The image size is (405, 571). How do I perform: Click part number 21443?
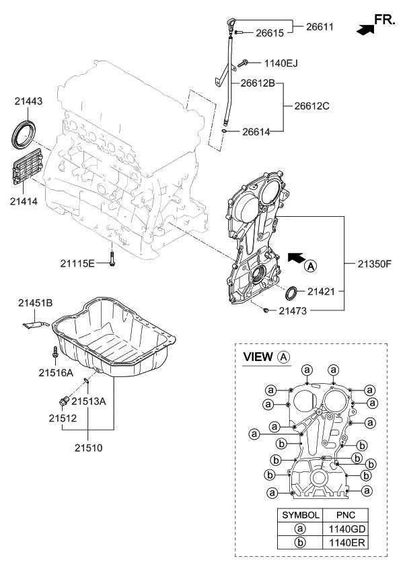pyautogui.click(x=28, y=102)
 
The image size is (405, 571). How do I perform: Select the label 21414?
pyautogui.click(x=24, y=200)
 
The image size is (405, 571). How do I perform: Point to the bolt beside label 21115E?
pyautogui.click(x=112, y=260)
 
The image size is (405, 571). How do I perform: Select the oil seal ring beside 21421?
pyautogui.click(x=293, y=294)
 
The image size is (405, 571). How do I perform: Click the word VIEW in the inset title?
pyautogui.click(x=257, y=356)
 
